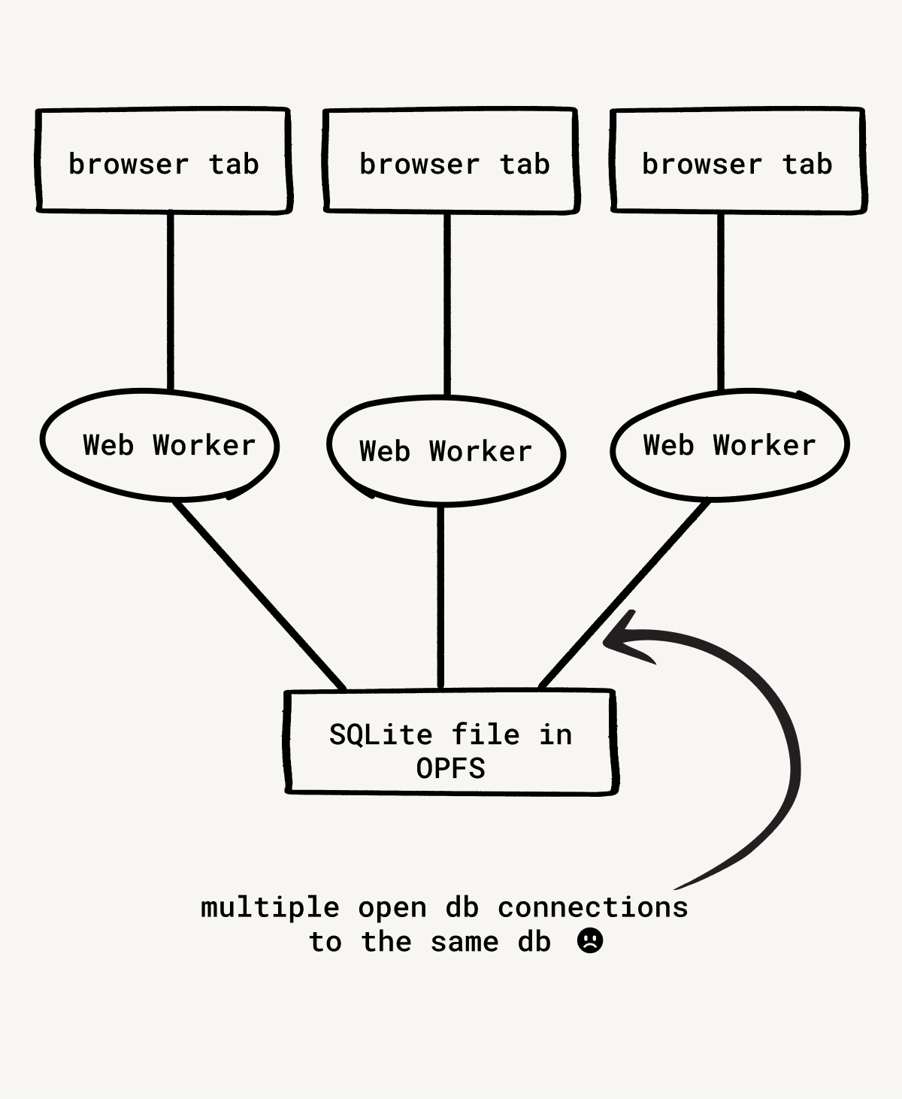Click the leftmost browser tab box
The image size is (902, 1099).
point(163,161)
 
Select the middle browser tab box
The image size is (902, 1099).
point(451,161)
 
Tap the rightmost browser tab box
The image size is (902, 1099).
point(738,161)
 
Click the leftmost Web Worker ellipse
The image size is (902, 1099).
point(159,445)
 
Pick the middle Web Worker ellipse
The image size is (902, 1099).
point(446,451)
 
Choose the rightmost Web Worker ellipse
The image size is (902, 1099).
point(730,445)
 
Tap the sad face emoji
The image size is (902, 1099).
point(590,940)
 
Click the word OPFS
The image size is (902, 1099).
point(451,768)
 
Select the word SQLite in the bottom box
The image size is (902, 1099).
point(380,734)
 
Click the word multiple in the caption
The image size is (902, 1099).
point(270,907)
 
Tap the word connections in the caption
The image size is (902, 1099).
point(593,907)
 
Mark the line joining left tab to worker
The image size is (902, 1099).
point(171,301)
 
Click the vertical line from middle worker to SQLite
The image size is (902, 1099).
point(441,598)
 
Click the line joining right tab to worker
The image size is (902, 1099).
point(721,301)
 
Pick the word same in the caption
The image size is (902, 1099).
point(464,941)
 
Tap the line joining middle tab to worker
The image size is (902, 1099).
point(447,304)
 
